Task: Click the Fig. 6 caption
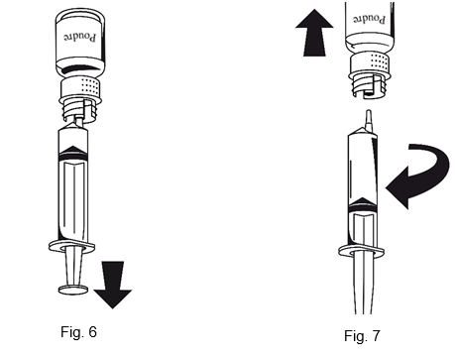[x=78, y=331]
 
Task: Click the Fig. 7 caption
[x=362, y=336]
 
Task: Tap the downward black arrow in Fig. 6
[x=113, y=285]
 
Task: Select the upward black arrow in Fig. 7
[x=314, y=33]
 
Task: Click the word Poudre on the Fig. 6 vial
[x=80, y=37]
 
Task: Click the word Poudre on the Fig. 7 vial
[x=369, y=20]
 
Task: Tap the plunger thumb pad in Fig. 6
[x=73, y=290]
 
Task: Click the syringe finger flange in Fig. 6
[x=71, y=247]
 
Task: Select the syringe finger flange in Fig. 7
[x=361, y=251]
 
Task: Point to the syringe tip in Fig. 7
[x=369, y=120]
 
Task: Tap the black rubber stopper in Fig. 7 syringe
[x=363, y=205]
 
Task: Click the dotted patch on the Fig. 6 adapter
[x=89, y=85]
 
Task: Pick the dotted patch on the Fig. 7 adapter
[x=379, y=61]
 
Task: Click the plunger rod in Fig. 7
[x=363, y=285]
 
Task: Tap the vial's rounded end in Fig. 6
[x=80, y=17]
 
